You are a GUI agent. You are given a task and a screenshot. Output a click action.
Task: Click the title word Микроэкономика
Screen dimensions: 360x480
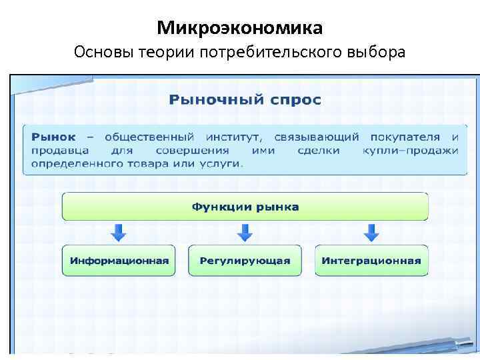[x=240, y=28]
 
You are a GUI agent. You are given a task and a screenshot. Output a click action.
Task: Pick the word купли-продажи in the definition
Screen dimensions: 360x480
[x=411, y=150]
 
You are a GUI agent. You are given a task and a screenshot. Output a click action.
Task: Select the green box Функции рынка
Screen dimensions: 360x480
[x=245, y=207]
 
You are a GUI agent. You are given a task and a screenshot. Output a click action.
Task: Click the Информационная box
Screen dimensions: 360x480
[x=119, y=260]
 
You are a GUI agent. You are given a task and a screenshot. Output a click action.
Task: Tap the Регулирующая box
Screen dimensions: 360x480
[x=245, y=260]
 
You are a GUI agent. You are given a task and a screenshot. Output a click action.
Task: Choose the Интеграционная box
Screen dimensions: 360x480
[x=371, y=260]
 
